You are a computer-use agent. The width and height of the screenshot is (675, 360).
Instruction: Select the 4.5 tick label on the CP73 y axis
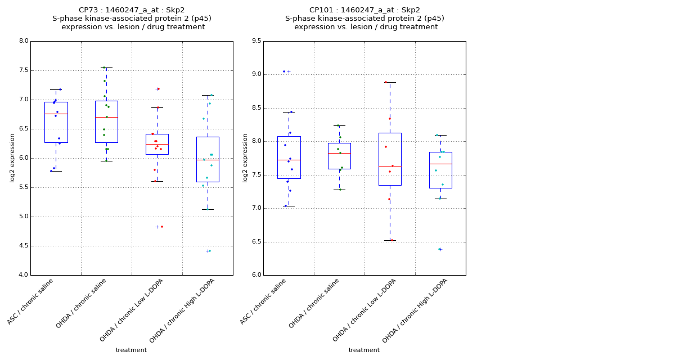coord(23,246)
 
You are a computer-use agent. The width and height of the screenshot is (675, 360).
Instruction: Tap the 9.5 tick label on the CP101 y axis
coord(256,41)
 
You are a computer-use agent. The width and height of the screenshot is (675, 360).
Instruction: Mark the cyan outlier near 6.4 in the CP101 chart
coord(439,249)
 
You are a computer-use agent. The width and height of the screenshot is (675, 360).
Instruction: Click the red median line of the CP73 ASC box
coord(56,114)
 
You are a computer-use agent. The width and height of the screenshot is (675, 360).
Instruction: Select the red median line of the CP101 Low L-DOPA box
coord(390,166)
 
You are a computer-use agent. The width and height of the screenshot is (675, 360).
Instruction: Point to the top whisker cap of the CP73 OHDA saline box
coord(106,67)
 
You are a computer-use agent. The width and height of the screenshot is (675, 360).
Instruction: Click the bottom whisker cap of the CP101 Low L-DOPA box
coord(390,240)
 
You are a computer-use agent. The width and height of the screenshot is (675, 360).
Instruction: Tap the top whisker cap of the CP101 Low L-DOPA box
coord(390,82)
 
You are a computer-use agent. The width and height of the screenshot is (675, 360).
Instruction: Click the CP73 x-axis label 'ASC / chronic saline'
coord(31,301)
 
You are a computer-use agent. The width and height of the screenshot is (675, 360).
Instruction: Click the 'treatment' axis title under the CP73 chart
coord(131,350)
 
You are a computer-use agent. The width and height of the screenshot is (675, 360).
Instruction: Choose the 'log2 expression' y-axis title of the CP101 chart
coord(245,157)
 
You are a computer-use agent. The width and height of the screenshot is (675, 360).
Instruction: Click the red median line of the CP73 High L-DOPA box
coord(208,160)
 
